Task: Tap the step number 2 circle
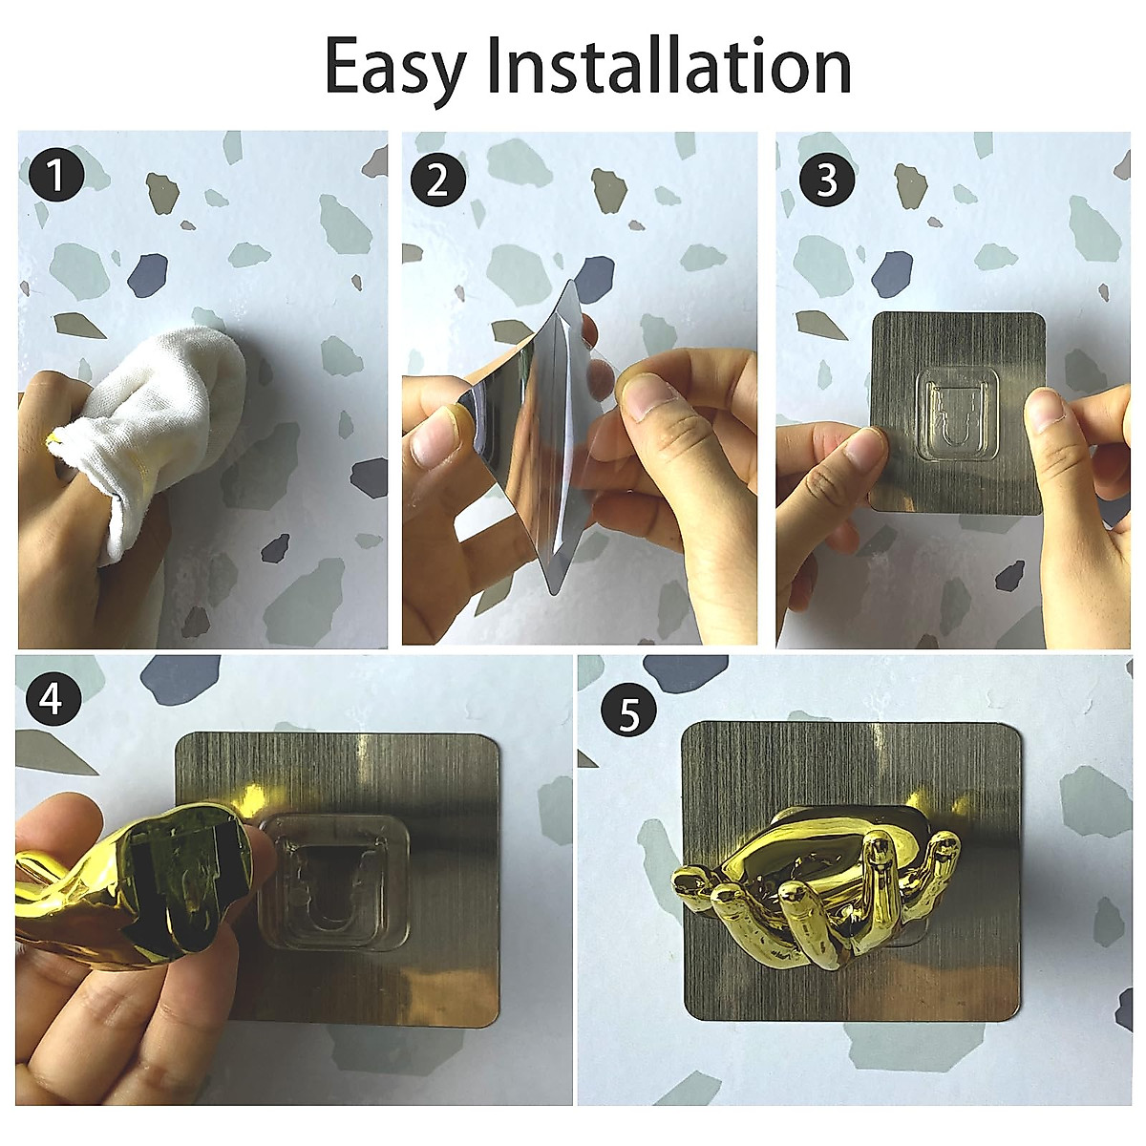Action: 437,180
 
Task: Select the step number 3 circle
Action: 825,180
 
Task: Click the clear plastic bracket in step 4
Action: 334,879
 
